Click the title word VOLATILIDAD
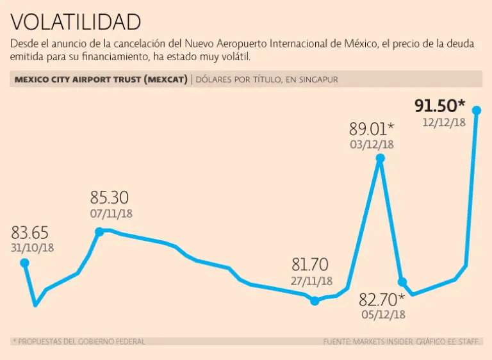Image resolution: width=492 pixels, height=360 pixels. [76, 22]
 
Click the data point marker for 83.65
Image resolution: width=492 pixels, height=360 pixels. [24, 263]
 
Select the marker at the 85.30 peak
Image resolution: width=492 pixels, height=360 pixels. [99, 231]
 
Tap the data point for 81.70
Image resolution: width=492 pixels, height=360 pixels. [315, 300]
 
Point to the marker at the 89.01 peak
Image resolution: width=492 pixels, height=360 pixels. [381, 158]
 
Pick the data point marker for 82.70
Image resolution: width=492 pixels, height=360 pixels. [402, 282]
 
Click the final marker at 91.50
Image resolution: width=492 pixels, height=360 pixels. [476, 110]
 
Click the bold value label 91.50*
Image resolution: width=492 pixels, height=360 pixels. [440, 106]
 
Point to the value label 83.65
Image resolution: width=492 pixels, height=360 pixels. [30, 233]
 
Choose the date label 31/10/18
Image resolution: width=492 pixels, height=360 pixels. [33, 247]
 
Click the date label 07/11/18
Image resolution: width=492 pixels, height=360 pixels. [111, 213]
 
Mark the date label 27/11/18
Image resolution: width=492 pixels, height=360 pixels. [311, 281]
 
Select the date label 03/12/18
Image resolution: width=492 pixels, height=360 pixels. [372, 144]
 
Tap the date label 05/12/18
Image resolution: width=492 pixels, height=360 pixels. [382, 314]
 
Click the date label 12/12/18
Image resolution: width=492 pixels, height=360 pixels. [443, 122]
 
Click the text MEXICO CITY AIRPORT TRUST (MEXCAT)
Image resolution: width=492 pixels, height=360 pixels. [99, 79]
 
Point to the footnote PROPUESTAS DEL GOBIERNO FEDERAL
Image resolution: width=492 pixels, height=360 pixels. [81, 341]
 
